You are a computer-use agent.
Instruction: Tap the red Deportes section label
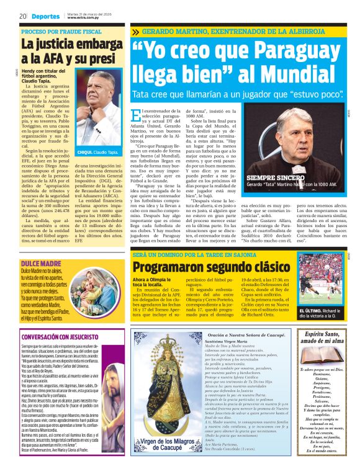(x=45, y=16)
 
